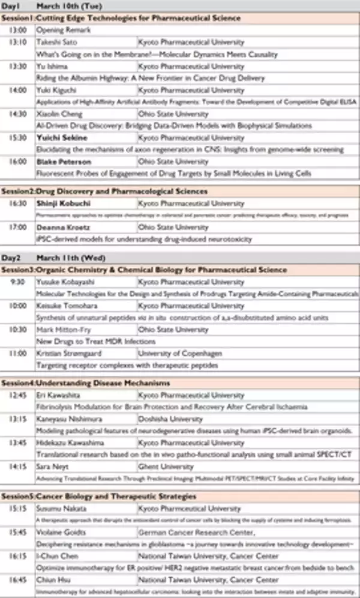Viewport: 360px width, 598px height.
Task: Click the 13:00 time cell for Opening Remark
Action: click(18, 29)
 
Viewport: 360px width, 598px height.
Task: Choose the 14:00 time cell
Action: click(18, 90)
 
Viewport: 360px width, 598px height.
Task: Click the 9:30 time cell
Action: click(18, 282)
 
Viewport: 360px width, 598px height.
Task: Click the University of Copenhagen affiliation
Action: click(178, 354)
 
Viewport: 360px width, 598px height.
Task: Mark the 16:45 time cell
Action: click(18, 580)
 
